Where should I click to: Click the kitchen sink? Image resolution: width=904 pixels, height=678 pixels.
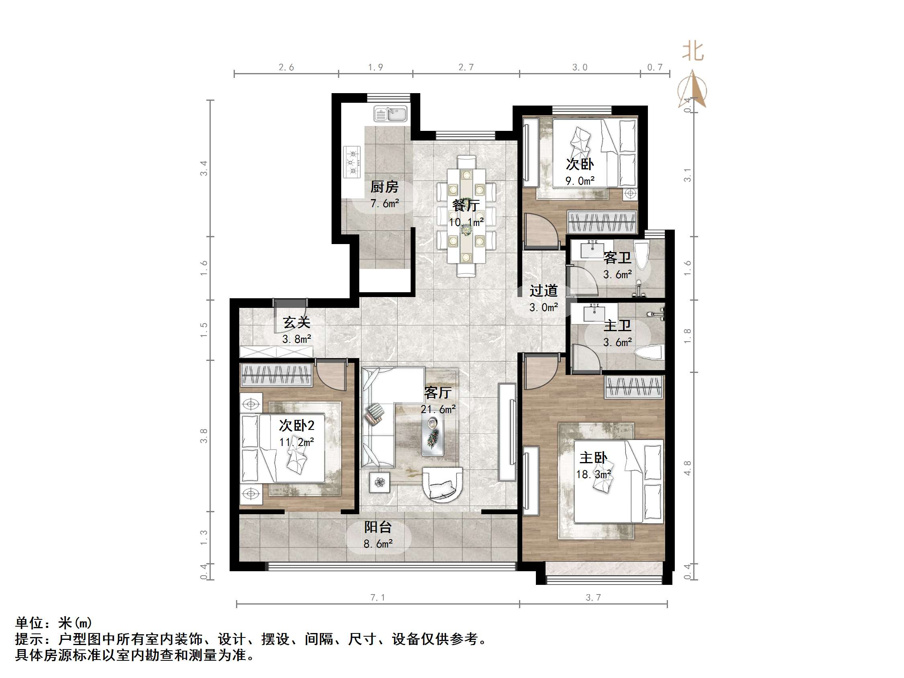[390, 114]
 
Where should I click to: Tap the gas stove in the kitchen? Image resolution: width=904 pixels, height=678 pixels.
[352, 162]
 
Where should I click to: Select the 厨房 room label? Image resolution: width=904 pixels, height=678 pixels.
[384, 187]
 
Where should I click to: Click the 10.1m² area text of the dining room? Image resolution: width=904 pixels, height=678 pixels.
[466, 222]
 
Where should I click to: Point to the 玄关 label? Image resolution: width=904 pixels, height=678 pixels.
[297, 322]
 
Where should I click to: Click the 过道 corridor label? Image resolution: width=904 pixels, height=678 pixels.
[544, 291]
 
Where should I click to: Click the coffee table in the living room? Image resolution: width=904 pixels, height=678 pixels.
[433, 435]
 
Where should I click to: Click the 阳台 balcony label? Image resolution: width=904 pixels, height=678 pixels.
[378, 527]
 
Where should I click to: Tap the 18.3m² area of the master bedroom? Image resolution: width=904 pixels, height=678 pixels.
[593, 474]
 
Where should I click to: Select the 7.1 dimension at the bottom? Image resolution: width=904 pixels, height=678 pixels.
[378, 597]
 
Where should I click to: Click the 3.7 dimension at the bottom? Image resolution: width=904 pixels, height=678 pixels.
[593, 597]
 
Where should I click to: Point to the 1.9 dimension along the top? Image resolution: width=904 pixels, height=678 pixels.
[375, 67]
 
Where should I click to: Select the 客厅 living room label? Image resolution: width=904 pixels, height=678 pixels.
[438, 393]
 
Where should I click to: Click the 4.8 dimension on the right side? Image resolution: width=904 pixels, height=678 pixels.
[687, 468]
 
